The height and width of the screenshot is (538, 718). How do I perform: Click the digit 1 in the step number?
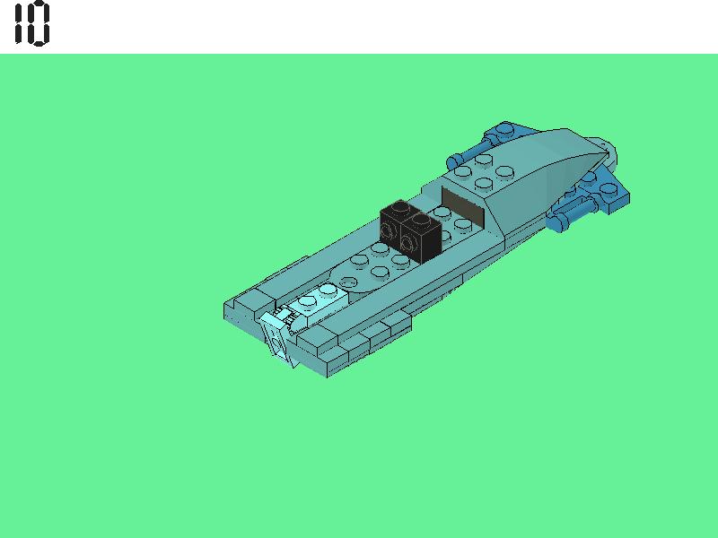pyautogui.click(x=18, y=23)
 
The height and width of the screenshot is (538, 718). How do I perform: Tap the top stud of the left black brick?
pyautogui.click(x=400, y=207)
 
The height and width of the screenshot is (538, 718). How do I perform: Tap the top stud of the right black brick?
pyautogui.click(x=420, y=220)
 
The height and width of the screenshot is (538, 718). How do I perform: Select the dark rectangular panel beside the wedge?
pyautogui.click(x=462, y=207)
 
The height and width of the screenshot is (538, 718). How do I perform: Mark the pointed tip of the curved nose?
pyautogui.click(x=609, y=152)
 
